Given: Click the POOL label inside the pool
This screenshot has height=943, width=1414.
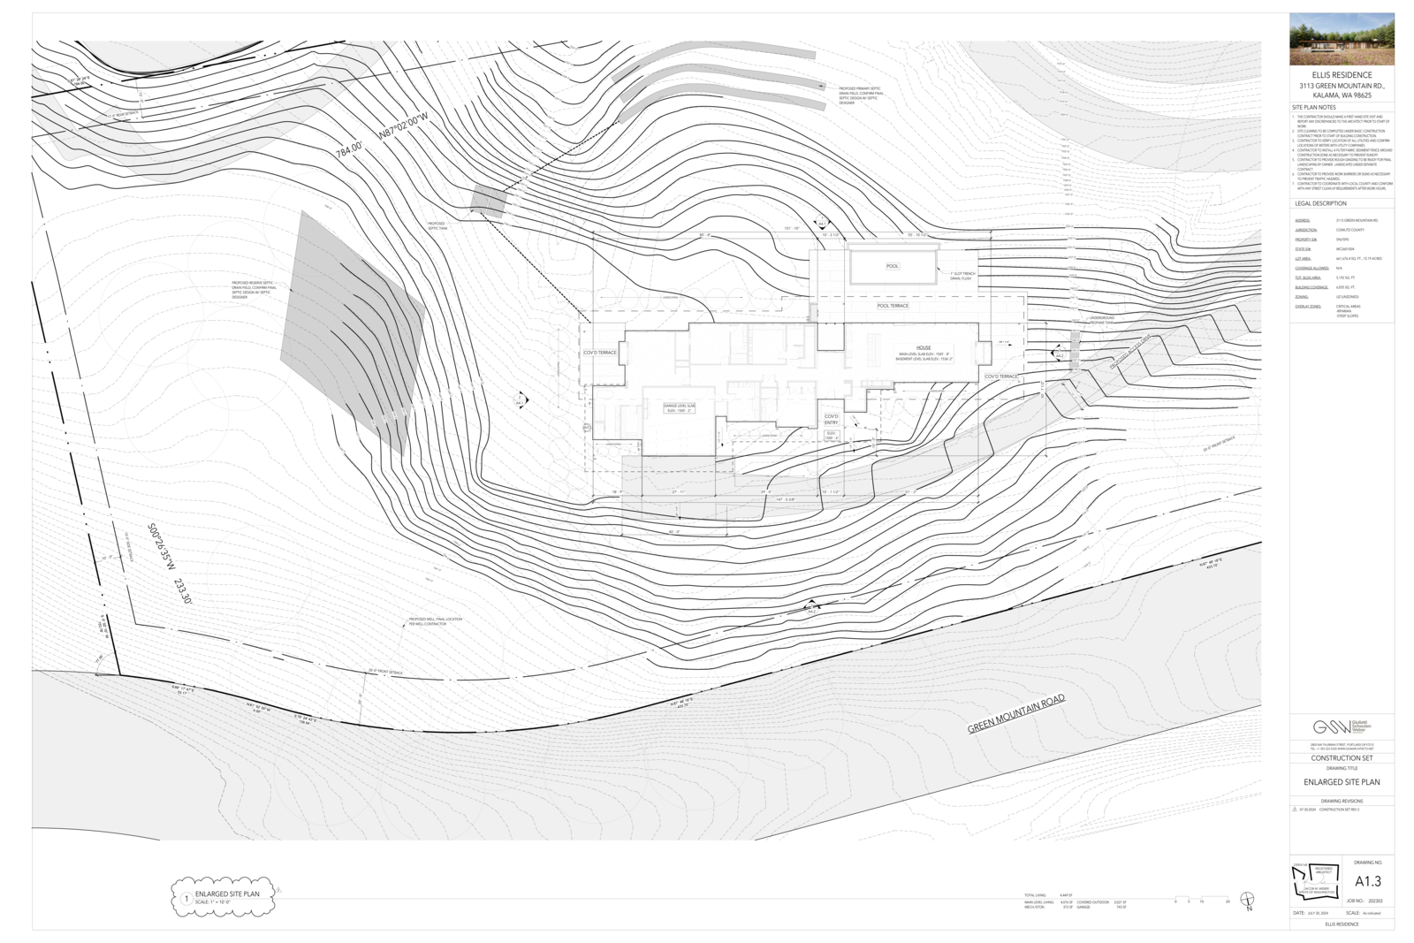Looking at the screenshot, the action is tap(893, 266).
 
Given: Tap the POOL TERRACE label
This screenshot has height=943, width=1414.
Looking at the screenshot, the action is tap(893, 306).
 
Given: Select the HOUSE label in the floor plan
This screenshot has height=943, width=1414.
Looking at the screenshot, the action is tap(924, 347).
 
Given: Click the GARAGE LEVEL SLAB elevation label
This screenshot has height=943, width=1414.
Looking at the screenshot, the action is tap(680, 407).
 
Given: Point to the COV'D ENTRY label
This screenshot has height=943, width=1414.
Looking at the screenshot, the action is tap(832, 420).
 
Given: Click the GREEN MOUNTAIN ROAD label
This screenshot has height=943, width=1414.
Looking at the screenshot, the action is tap(1016, 714).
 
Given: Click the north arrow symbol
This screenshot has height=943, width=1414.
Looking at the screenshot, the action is tap(1248, 901).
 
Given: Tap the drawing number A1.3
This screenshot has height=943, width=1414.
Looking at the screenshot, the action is tap(1367, 881).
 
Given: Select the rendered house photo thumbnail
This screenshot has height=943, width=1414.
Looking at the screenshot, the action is tap(1342, 39).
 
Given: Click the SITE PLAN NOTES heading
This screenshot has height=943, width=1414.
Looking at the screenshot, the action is tap(1314, 107).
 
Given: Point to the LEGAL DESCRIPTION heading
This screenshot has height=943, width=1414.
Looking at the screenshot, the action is tap(1320, 203).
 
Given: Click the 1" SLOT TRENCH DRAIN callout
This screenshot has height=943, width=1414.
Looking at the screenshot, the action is tap(962, 276).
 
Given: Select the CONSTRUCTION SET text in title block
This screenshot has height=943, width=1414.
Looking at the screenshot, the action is tap(1342, 758).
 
